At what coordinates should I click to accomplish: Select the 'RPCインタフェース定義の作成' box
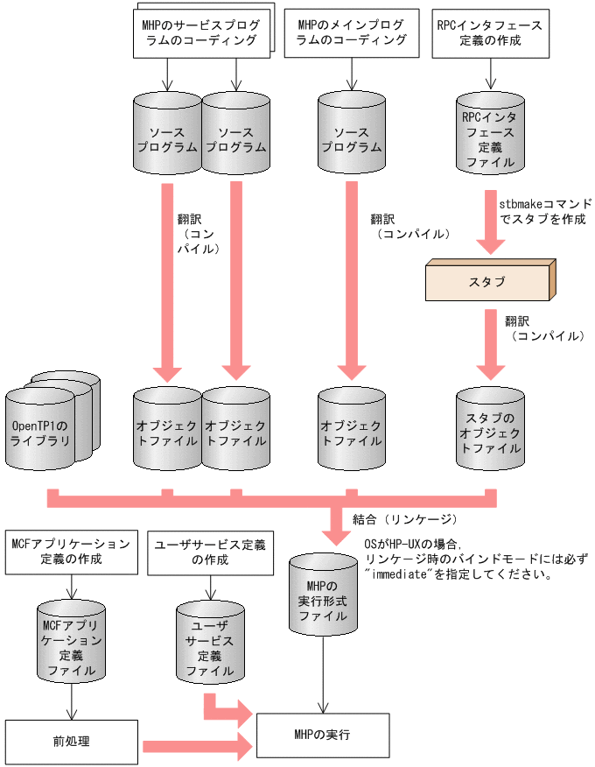coord(488,32)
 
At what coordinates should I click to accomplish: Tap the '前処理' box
coord(72,742)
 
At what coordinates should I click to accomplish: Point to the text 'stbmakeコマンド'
coord(545,202)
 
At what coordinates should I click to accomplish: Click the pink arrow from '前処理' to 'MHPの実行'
coord(197,745)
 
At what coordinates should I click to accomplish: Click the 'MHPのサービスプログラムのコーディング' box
coord(199,32)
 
